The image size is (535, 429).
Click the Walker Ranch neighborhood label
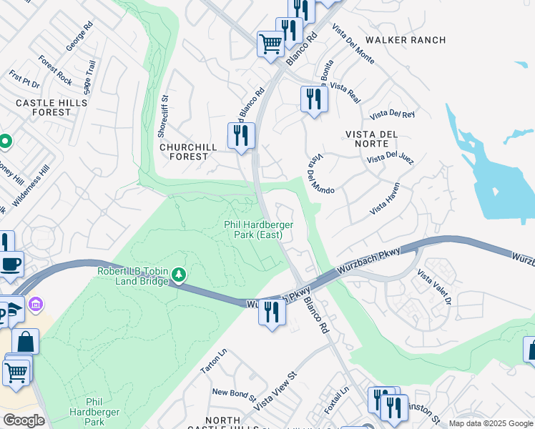405,40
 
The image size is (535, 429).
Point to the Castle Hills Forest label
51,108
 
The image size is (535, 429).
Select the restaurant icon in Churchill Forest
241,136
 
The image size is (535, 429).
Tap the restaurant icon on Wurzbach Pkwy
272,313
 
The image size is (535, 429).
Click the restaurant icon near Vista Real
313,99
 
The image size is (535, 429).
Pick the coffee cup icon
11,265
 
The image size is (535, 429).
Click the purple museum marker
35,306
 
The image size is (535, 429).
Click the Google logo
24,420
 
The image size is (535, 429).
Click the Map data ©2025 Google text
490,423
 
